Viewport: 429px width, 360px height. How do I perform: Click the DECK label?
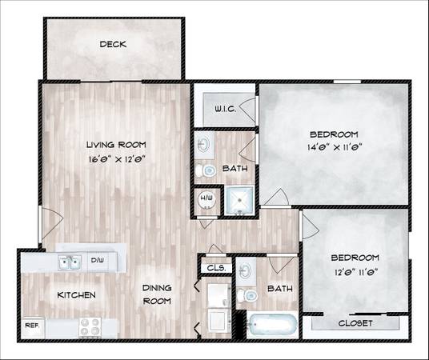tap(113, 44)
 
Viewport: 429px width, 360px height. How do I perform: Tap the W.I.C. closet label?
tap(225, 109)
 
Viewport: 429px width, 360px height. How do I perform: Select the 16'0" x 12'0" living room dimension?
tap(117, 159)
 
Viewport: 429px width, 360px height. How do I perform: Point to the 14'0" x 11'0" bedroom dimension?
tap(335, 147)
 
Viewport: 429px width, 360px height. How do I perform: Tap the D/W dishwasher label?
tap(97, 260)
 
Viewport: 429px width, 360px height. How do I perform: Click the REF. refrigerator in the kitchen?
tap(33, 327)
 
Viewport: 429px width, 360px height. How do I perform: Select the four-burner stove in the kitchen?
tap(90, 326)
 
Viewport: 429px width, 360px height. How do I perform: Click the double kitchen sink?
tap(70, 263)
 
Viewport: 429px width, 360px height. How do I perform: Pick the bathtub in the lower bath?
tap(271, 325)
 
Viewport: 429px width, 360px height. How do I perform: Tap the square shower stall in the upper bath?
tap(239, 201)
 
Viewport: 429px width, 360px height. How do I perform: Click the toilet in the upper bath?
tap(206, 170)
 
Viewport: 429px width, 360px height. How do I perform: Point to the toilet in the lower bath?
tap(247, 295)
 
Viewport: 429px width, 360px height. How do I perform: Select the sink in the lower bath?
tap(246, 271)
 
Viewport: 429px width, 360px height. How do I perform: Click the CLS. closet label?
tap(216, 268)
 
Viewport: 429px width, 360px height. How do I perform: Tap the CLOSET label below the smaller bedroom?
tap(355, 323)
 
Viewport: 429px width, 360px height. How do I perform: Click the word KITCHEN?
tap(76, 295)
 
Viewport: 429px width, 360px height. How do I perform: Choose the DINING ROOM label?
tap(157, 294)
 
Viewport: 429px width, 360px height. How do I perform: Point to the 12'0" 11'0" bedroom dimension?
tap(356, 273)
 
